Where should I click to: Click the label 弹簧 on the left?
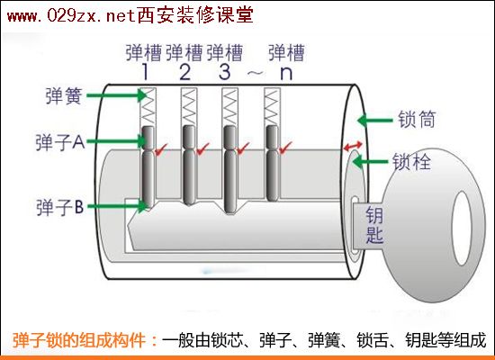point(64,96)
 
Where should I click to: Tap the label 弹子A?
point(60,142)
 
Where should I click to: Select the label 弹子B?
point(59,207)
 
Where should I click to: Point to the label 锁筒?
point(417,120)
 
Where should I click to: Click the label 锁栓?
point(411,162)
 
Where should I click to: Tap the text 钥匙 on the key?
point(374,225)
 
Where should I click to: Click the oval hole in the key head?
point(462,228)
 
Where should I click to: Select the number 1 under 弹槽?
point(145,72)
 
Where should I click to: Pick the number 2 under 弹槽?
point(185,72)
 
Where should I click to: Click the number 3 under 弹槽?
point(225,72)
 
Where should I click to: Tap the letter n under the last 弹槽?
point(286,74)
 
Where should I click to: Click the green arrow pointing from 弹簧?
point(117,95)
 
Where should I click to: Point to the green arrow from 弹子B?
point(118,206)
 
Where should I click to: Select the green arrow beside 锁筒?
point(375,121)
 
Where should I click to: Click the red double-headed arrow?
point(353,146)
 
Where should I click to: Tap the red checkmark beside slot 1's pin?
point(161,149)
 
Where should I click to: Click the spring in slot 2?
point(189,106)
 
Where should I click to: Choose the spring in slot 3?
point(229,106)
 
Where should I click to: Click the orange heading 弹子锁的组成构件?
point(79,340)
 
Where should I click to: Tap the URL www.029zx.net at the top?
point(71,15)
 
